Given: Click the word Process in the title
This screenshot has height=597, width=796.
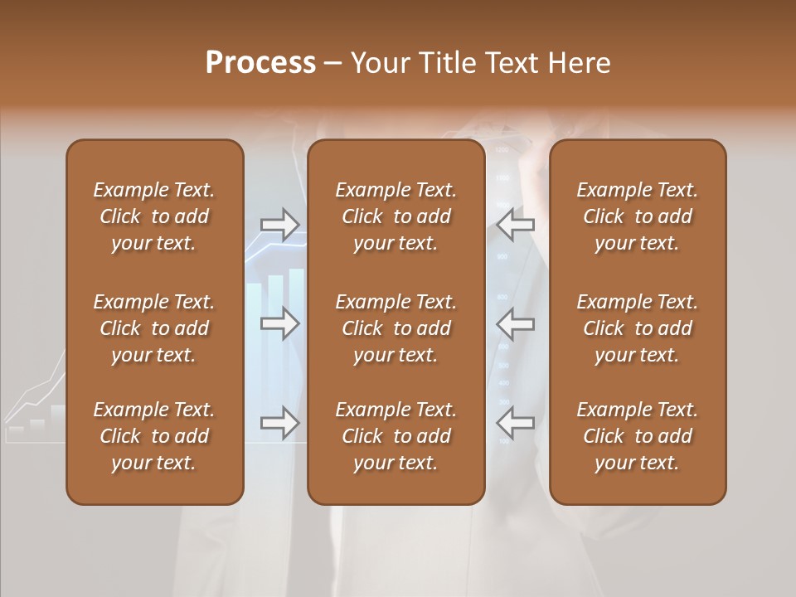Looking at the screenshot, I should point(260,63).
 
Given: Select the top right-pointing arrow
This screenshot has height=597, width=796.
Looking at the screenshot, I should point(279,225).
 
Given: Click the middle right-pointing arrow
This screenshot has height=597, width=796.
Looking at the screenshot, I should point(279,323).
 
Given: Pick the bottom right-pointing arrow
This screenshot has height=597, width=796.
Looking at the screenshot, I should point(279,423).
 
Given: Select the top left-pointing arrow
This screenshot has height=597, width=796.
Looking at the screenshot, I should point(515,225).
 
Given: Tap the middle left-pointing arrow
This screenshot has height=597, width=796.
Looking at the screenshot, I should point(515,323).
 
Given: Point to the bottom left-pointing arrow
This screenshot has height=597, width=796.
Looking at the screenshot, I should point(515,423).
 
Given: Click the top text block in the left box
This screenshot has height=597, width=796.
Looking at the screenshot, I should point(154,216).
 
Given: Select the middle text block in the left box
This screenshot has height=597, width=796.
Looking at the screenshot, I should point(154,328).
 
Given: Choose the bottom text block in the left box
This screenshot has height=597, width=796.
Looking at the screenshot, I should point(154,436).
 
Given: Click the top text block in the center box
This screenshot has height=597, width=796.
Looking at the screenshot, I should point(396,216).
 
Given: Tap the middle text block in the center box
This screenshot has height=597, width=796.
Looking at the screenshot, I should point(396,328).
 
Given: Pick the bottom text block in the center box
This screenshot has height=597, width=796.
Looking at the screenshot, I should point(396,436).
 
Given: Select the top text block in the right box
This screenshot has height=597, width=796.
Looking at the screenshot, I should point(637,216).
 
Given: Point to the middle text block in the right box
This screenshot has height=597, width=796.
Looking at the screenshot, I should point(637,328).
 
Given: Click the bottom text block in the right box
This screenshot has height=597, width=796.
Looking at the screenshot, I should point(637,436).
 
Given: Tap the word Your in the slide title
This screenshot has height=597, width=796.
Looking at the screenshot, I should point(380,63).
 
